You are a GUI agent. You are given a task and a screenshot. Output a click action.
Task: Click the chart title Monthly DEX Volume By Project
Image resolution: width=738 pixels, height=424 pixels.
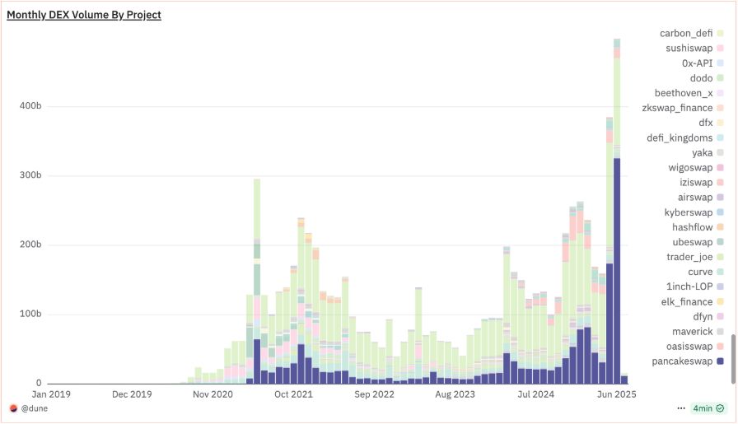pyautogui.click(x=84, y=15)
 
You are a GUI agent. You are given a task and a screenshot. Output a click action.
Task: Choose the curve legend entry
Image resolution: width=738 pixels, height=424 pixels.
pyautogui.click(x=700, y=272)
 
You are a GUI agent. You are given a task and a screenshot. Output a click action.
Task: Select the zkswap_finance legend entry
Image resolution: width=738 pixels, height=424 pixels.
pyautogui.click(x=681, y=108)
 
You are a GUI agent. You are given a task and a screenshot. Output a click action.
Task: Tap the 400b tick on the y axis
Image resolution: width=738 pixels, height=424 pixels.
pyautogui.click(x=31, y=106)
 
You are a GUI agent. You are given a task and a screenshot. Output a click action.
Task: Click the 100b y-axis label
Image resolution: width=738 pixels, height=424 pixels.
pyautogui.click(x=31, y=315)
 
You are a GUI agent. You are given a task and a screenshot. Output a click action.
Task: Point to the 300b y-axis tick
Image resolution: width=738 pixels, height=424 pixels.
pyautogui.click(x=31, y=175)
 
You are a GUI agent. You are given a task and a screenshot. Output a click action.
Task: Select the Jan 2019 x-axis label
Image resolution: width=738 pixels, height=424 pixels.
pyautogui.click(x=51, y=395)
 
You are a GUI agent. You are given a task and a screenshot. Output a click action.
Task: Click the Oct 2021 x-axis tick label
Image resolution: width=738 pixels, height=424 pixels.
pyautogui.click(x=293, y=395)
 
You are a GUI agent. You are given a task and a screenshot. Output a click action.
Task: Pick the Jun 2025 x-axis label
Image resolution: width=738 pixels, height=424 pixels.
pyautogui.click(x=617, y=395)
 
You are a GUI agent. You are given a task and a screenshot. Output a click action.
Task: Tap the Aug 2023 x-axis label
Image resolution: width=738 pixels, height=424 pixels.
pyautogui.click(x=455, y=395)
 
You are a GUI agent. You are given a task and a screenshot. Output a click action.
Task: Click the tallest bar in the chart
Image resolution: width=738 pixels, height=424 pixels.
pyautogui.click(x=616, y=206)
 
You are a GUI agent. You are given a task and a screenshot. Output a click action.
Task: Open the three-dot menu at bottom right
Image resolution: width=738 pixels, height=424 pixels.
pyautogui.click(x=680, y=408)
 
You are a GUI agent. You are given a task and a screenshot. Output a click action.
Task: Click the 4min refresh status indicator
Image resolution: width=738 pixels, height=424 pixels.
pyautogui.click(x=706, y=408)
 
